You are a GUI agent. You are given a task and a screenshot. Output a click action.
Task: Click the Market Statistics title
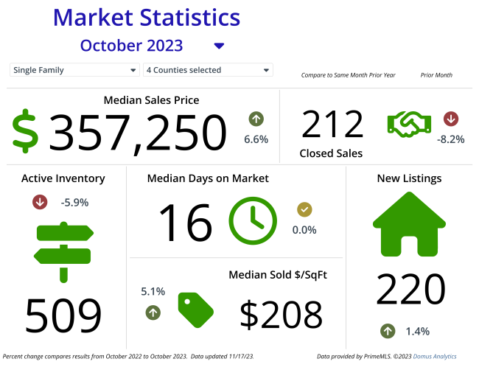coord(147,17)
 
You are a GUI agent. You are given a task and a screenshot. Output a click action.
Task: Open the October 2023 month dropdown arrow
coord(218,46)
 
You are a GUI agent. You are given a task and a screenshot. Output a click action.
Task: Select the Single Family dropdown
coord(74,70)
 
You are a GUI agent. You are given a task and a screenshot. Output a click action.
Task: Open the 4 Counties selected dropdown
coord(208,70)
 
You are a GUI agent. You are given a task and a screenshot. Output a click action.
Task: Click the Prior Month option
coord(436,75)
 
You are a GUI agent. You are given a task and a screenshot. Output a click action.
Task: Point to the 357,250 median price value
coord(138,133)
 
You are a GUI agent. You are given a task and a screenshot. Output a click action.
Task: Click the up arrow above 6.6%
coord(256,119)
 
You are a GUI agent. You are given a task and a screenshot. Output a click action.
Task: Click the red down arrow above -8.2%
coord(450,119)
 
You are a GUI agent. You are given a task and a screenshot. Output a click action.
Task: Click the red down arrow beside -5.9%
coord(41,202)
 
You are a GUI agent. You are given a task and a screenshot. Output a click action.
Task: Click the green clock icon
coord(253,220)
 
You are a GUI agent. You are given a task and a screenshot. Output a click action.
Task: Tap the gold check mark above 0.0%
coord(304,210)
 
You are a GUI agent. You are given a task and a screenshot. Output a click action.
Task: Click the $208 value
coord(281,314)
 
